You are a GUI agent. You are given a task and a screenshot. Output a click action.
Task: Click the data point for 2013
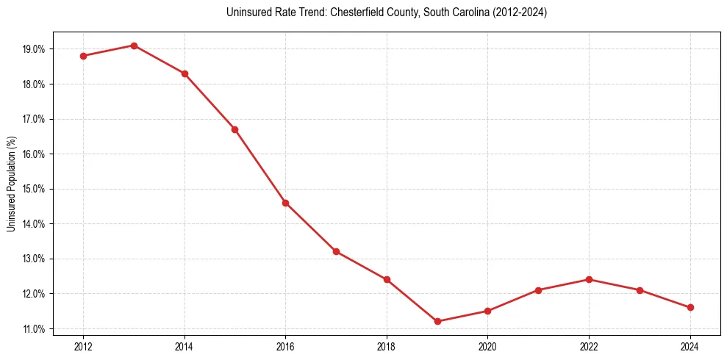click(x=134, y=46)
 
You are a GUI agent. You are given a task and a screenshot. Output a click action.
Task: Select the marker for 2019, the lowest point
click(x=437, y=321)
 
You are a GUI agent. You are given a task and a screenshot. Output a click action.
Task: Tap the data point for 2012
click(x=83, y=56)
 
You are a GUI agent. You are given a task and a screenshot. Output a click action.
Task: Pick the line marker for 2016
click(x=285, y=203)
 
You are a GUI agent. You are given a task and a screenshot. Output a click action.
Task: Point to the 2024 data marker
click(x=690, y=307)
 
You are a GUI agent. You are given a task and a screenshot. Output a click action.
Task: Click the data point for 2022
click(x=589, y=279)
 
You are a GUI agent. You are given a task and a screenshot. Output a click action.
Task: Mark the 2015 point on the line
click(x=234, y=129)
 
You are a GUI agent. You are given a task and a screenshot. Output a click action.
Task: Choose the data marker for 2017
click(x=336, y=251)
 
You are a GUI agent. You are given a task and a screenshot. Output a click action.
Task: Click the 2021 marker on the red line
click(x=538, y=290)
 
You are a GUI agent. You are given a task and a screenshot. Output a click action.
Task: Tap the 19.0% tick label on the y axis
click(x=34, y=49)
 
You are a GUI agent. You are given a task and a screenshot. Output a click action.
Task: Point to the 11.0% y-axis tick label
click(x=34, y=328)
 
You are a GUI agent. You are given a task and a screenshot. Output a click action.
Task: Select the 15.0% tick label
click(x=34, y=189)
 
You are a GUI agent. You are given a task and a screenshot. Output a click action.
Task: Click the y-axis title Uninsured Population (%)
click(x=11, y=184)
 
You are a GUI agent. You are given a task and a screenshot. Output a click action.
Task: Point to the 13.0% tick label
click(x=34, y=259)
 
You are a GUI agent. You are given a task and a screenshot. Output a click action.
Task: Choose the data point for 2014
click(x=185, y=73)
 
